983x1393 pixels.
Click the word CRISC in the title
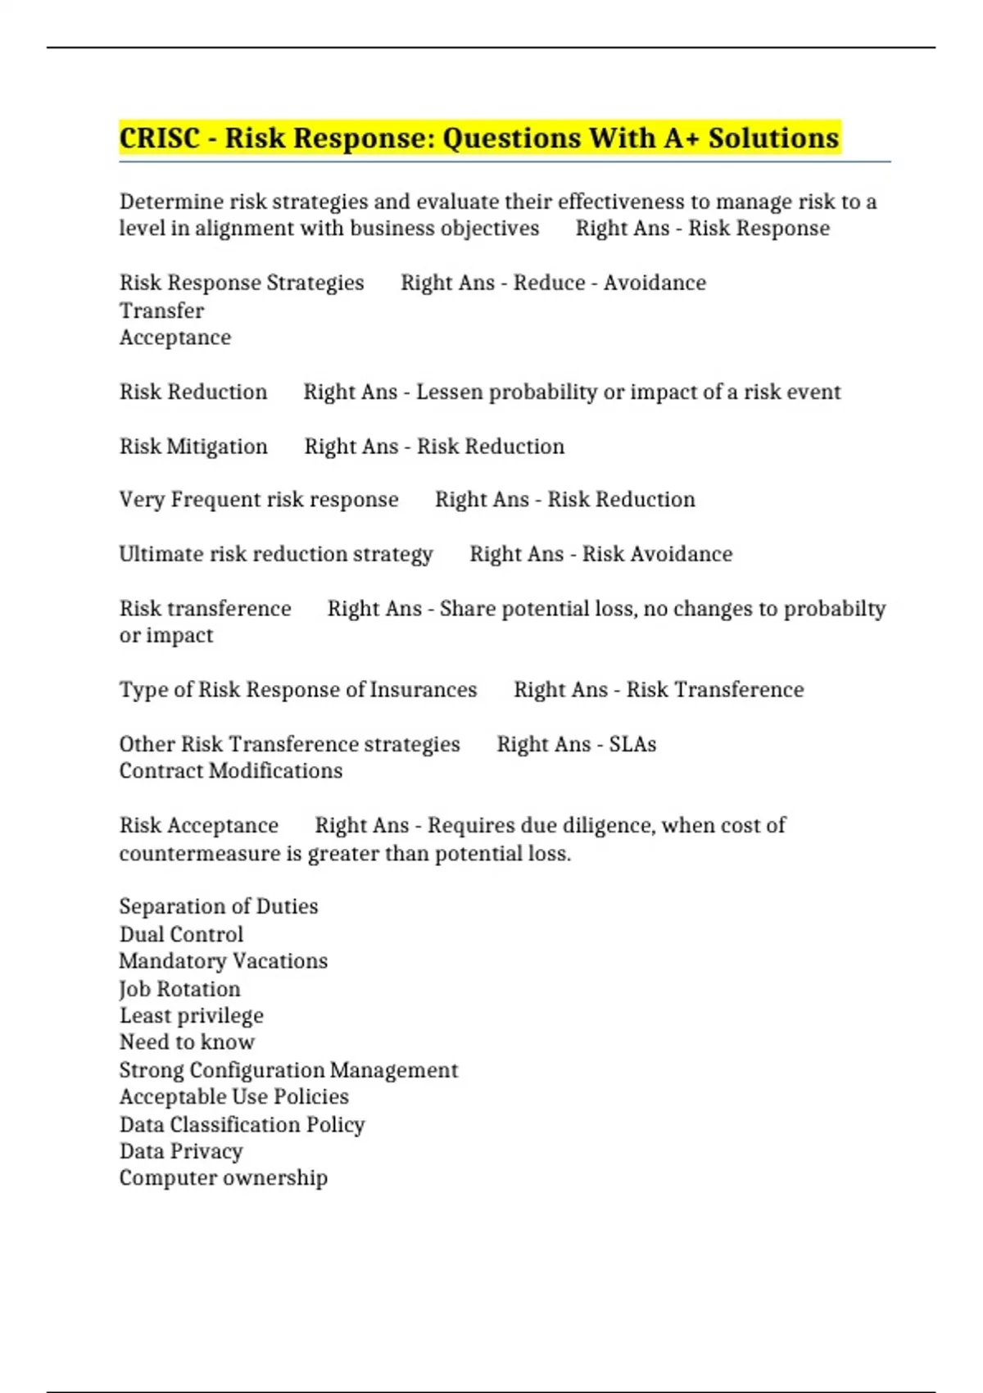click(160, 138)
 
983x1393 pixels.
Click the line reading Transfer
click(161, 311)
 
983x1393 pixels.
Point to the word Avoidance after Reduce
click(655, 283)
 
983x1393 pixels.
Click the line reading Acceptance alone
click(174, 338)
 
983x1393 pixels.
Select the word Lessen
click(449, 392)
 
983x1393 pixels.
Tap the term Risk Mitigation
click(193, 447)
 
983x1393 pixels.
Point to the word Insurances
click(423, 690)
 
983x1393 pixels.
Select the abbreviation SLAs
click(632, 744)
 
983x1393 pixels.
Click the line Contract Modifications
click(230, 771)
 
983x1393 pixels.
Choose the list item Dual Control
click(181, 934)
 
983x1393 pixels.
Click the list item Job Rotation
click(179, 989)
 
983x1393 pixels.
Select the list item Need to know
click(187, 1042)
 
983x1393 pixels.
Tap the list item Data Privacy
click(181, 1151)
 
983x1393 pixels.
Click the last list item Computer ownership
click(223, 1178)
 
